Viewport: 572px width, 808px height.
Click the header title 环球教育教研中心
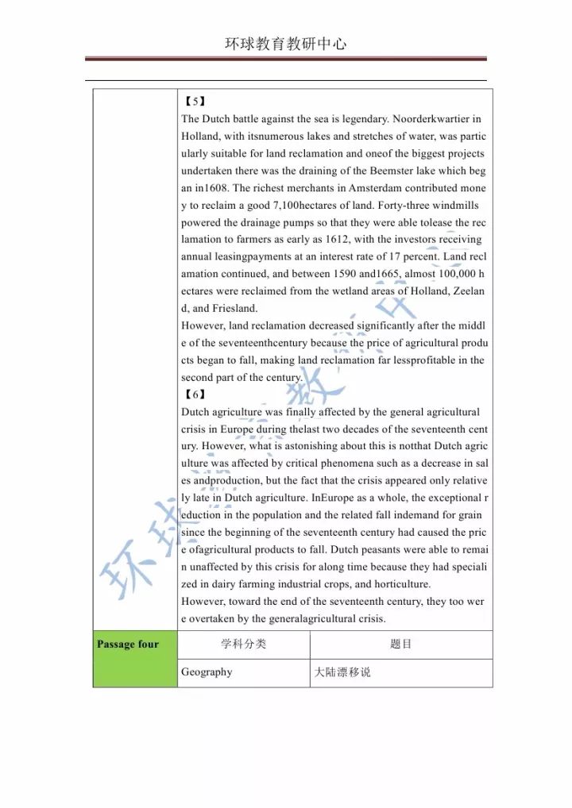286,44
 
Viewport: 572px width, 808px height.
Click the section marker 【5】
194,102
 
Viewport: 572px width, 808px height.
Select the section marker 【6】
194,394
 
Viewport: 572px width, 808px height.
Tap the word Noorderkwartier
431,119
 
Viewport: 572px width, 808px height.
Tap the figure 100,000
451,274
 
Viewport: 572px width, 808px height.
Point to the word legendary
360,119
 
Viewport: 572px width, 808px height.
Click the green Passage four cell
128,644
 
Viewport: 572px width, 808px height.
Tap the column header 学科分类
243,644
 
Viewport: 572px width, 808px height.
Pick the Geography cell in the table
207,672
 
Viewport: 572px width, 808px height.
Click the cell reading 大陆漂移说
342,672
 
